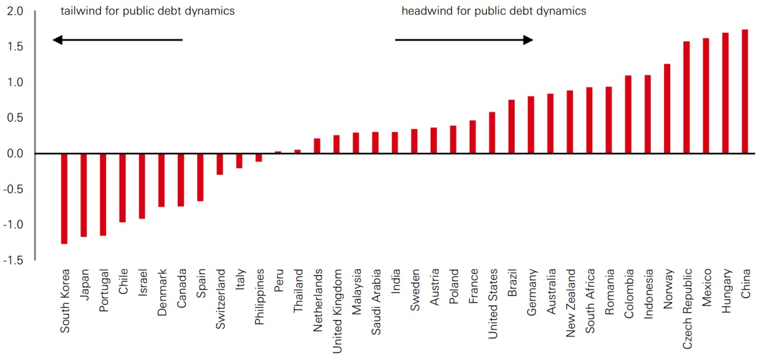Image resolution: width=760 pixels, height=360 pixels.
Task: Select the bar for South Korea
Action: [x=64, y=198]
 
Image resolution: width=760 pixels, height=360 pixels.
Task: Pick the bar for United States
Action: [x=492, y=132]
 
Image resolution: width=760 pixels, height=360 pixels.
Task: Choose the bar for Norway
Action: [x=667, y=109]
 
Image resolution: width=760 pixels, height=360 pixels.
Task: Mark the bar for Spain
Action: [x=200, y=177]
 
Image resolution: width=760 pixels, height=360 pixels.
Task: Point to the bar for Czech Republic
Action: [x=686, y=97]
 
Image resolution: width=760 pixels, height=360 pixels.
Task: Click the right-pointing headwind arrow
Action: [x=464, y=40]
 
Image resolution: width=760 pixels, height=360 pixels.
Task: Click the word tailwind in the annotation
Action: [x=79, y=11]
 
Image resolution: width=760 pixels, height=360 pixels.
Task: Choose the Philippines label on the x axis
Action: [x=259, y=297]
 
